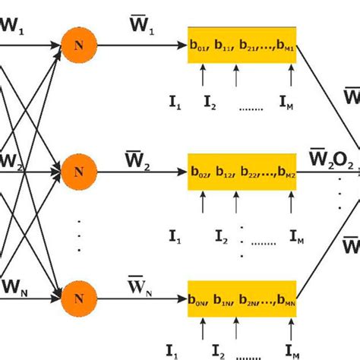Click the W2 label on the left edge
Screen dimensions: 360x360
pos(14,161)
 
